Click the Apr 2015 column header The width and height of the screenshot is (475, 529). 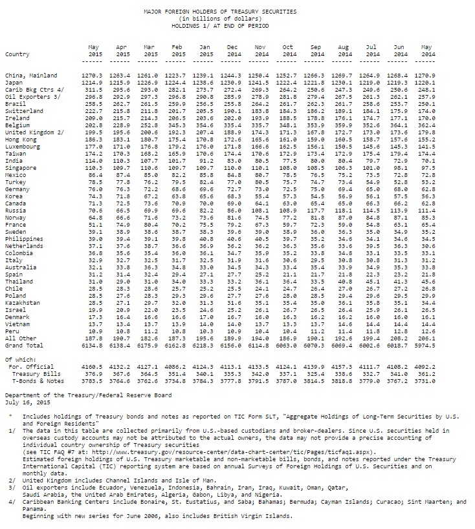(122, 51)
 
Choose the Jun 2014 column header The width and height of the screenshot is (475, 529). (401, 51)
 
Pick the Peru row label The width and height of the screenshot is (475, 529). (12, 331)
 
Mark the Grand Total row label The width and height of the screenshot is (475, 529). (23, 345)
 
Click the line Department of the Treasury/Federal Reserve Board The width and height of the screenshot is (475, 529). (88, 394)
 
